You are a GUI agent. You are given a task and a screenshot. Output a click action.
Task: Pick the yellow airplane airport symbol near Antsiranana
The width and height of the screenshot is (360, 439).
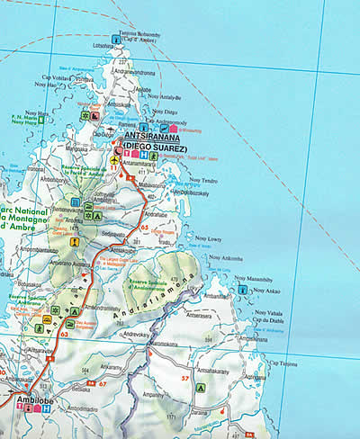[x=114, y=160]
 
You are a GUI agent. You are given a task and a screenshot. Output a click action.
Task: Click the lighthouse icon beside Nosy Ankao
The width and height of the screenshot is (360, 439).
[x=242, y=291]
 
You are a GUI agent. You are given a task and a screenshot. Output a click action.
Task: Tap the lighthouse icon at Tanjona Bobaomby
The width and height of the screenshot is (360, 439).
[x=115, y=39]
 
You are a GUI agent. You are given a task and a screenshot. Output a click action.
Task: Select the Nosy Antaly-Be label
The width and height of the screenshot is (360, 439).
[x=165, y=96]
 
